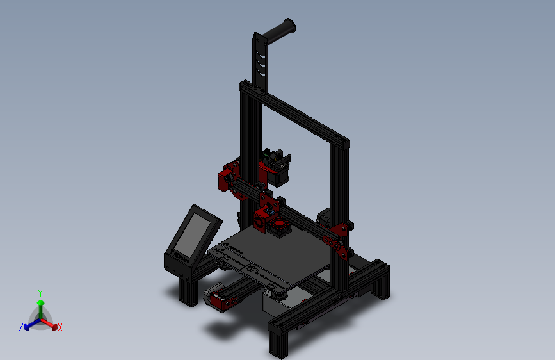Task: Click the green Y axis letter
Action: tap(40, 291)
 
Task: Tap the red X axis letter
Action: tap(60, 327)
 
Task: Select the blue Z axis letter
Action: tap(21, 327)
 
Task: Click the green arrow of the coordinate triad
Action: tap(40, 304)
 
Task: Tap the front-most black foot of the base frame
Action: tap(279, 342)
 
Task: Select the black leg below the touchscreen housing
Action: tap(188, 291)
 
